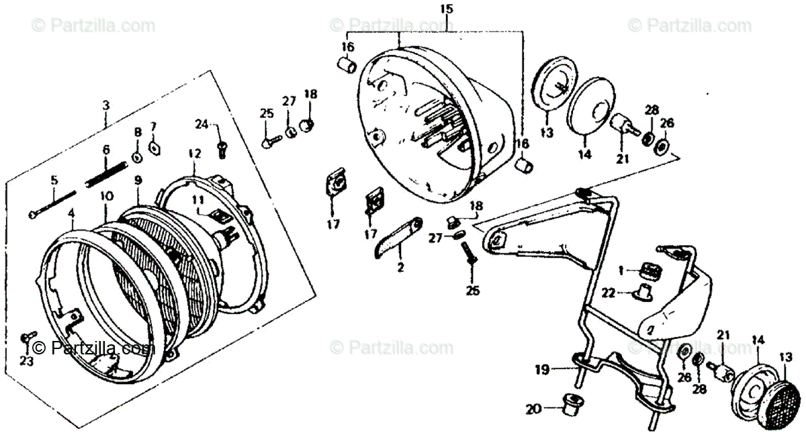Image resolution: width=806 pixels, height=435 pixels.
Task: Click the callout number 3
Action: (x=105, y=105)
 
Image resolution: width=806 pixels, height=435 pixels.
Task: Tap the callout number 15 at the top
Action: (x=447, y=9)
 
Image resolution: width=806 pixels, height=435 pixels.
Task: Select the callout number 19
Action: (x=542, y=369)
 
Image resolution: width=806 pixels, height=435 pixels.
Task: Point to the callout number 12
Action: (x=194, y=154)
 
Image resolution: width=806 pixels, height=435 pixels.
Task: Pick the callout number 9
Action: (x=138, y=180)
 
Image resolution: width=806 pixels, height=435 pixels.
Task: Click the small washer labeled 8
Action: (x=136, y=157)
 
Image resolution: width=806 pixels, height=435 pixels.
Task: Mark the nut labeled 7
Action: (x=153, y=147)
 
